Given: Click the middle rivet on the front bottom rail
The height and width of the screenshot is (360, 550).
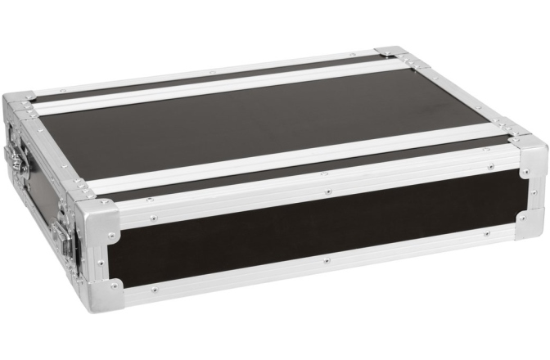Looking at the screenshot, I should (326, 260).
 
